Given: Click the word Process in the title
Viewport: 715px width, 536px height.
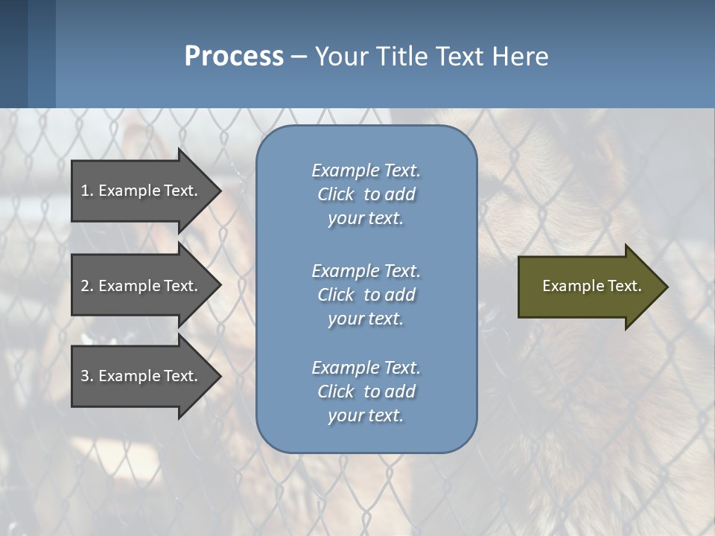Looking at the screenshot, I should [234, 57].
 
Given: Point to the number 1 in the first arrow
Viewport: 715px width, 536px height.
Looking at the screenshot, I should [85, 191].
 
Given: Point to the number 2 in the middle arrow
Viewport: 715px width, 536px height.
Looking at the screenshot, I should [85, 286].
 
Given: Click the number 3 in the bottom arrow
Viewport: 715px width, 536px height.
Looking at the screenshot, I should [85, 376].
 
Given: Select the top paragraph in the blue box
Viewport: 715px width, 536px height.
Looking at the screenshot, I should [366, 194].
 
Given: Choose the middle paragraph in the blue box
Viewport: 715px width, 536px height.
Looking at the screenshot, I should [366, 295].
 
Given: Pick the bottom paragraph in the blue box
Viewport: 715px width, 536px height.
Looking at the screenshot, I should [366, 392].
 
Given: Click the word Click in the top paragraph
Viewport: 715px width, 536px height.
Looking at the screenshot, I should [336, 194].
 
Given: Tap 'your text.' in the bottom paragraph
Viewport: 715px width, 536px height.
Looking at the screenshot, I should [366, 415].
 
